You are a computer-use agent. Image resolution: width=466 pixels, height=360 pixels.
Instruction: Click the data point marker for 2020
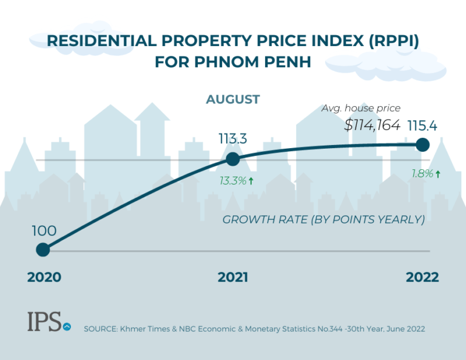point(42,250)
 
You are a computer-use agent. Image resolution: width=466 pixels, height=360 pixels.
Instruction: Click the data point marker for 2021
point(232,159)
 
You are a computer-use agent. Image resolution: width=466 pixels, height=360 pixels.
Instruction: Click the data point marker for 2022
point(423,144)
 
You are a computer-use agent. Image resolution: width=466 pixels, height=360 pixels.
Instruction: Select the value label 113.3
point(232,139)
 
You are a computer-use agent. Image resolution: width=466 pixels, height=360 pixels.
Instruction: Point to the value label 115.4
point(423,126)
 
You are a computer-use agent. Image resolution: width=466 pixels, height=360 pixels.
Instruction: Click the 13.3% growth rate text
point(232,180)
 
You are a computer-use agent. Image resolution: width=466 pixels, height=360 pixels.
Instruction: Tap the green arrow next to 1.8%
point(437,174)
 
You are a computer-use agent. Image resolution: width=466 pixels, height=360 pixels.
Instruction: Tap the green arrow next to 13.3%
point(251,180)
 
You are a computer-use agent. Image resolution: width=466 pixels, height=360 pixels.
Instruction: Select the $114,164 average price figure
point(372,126)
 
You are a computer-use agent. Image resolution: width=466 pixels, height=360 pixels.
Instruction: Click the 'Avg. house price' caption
point(361,108)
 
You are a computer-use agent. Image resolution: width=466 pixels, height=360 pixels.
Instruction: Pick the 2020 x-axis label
point(44,277)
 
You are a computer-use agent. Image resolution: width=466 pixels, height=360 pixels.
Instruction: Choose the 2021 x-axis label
point(232,277)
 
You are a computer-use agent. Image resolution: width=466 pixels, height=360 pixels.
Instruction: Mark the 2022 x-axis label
point(422,277)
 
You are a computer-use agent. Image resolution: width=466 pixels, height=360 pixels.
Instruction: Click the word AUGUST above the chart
point(232,99)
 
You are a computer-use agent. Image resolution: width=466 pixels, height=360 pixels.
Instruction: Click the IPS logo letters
point(44,322)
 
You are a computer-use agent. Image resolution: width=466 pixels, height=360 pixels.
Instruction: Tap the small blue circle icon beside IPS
point(67,326)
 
